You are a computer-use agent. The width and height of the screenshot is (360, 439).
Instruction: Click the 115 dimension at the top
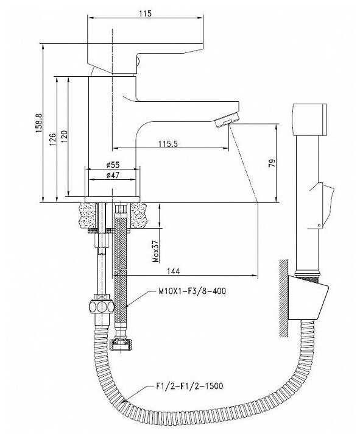pyautogui.click(x=145, y=13)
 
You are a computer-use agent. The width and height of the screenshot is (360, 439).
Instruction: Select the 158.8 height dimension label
pyautogui.click(x=39, y=123)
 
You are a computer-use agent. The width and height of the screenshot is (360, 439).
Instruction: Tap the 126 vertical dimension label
pyautogui.click(x=52, y=139)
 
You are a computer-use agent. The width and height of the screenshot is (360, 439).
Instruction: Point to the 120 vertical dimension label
pyautogui.click(x=65, y=136)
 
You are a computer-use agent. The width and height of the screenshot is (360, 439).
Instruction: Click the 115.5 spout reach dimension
pyautogui.click(x=168, y=144)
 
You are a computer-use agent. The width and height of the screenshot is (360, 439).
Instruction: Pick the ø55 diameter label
pyautogui.click(x=113, y=165)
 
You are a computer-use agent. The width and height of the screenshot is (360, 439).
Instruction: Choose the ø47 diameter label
pyautogui.click(x=113, y=175)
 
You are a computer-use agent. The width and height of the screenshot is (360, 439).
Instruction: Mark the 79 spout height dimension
pyautogui.click(x=272, y=163)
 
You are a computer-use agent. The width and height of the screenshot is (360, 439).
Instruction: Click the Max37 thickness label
pyautogui.click(x=155, y=251)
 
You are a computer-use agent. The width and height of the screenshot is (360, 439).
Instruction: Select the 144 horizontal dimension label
pyautogui.click(x=174, y=271)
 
